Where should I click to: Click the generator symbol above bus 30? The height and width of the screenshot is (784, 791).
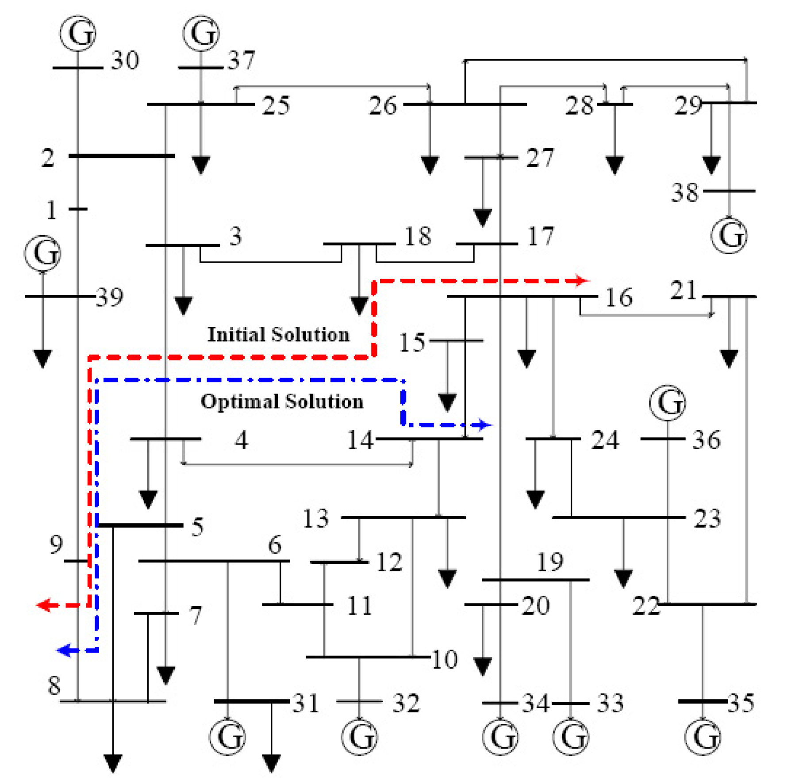pyautogui.click(x=78, y=34)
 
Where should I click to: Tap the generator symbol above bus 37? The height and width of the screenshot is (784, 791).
pyautogui.click(x=201, y=34)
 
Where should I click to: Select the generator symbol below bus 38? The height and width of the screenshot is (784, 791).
pyautogui.click(x=729, y=235)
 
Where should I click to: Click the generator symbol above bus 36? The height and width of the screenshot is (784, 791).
pyautogui.click(x=668, y=403)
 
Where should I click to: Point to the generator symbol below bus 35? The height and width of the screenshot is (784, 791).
pyautogui.click(x=703, y=737)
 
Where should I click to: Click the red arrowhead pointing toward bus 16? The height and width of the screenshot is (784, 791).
pyautogui.click(x=583, y=280)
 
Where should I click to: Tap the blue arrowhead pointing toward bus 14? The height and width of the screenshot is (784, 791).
pyautogui.click(x=486, y=425)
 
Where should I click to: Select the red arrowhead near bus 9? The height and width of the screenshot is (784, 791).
pyautogui.click(x=43, y=605)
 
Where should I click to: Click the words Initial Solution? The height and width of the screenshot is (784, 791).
pyautogui.click(x=279, y=335)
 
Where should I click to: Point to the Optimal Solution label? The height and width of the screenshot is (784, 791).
pyautogui.click(x=282, y=402)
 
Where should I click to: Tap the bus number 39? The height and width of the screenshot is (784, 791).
pyautogui.click(x=110, y=297)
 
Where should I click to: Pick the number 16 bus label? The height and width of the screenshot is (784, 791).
pyautogui.click(x=618, y=298)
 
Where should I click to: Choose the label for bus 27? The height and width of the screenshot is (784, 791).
pyautogui.click(x=540, y=158)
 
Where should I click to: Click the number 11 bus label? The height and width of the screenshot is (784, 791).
pyautogui.click(x=359, y=605)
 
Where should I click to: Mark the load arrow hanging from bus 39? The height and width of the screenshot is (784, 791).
pyautogui.click(x=42, y=358)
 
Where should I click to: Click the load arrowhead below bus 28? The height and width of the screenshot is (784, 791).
pyautogui.click(x=614, y=165)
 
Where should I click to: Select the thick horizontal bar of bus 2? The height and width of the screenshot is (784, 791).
pyautogui.click(x=121, y=156)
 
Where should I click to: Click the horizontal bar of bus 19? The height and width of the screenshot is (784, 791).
pyautogui.click(x=535, y=580)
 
